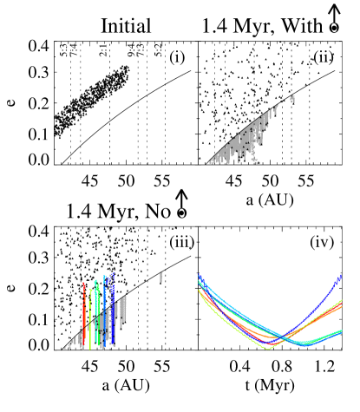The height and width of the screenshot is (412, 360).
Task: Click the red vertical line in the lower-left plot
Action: tap(84, 312)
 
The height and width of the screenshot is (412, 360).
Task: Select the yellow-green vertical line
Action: tap(89, 317)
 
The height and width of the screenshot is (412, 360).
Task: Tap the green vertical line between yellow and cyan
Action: tap(95, 312)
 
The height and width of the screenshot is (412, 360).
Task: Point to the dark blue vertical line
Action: tap(113, 312)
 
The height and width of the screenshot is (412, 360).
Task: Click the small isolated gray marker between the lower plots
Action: tap(160, 278)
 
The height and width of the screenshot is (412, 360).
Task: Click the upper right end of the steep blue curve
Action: tap(340, 276)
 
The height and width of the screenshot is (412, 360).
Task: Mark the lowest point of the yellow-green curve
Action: tap(267, 348)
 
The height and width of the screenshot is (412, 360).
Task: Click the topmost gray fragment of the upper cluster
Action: tap(291, 97)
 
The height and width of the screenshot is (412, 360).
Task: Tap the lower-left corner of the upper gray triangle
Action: tap(211, 161)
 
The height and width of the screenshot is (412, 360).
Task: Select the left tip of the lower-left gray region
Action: tap(65, 347)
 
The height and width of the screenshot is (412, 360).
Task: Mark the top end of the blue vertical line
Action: tap(113, 275)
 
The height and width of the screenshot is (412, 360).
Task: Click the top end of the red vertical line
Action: tap(84, 283)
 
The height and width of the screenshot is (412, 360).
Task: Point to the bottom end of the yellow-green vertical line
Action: tap(89, 348)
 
